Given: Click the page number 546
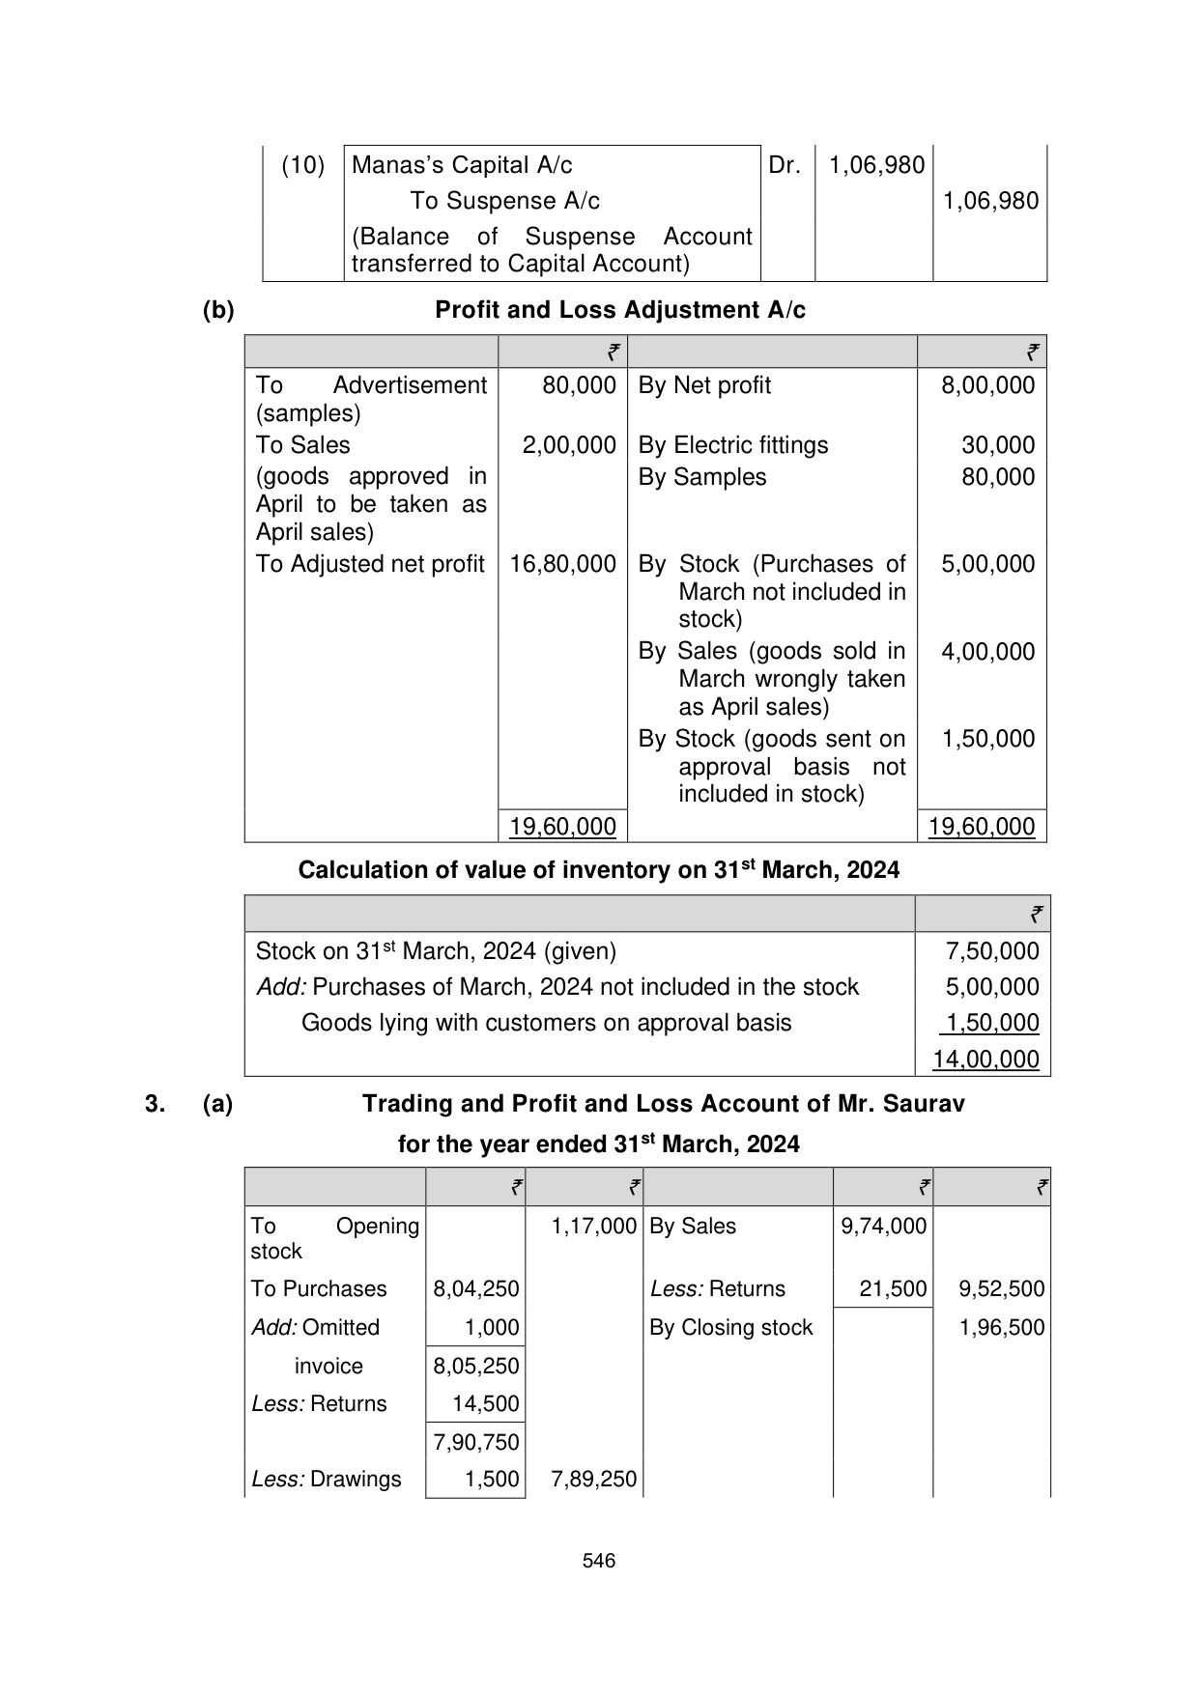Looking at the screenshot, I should coord(599,1561).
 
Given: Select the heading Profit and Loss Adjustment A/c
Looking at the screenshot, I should coord(619,310).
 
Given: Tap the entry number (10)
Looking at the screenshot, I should coord(302,165).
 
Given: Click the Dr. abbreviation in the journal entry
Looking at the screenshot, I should coord(785,165).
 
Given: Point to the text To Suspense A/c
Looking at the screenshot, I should coord(504,201).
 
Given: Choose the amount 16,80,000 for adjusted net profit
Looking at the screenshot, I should coord(562,564).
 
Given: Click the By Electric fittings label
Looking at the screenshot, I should coord(732,445).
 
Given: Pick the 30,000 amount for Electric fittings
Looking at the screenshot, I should coord(997,445).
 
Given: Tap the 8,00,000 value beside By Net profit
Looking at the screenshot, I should coord(987,385).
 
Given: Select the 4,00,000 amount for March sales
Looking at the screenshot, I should coord(987,652).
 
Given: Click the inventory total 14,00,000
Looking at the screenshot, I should coord(985,1059).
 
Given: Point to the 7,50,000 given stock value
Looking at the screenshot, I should coord(992,951).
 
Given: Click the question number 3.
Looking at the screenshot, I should coord(155,1104).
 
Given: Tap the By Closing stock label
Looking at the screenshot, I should coord(730,1328).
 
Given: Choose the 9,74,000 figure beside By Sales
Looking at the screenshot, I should coord(883,1227).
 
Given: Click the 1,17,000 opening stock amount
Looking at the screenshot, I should coord(593,1227).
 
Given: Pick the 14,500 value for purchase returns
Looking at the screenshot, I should coord(485,1404).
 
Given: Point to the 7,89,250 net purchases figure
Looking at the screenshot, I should coord(593,1480).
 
